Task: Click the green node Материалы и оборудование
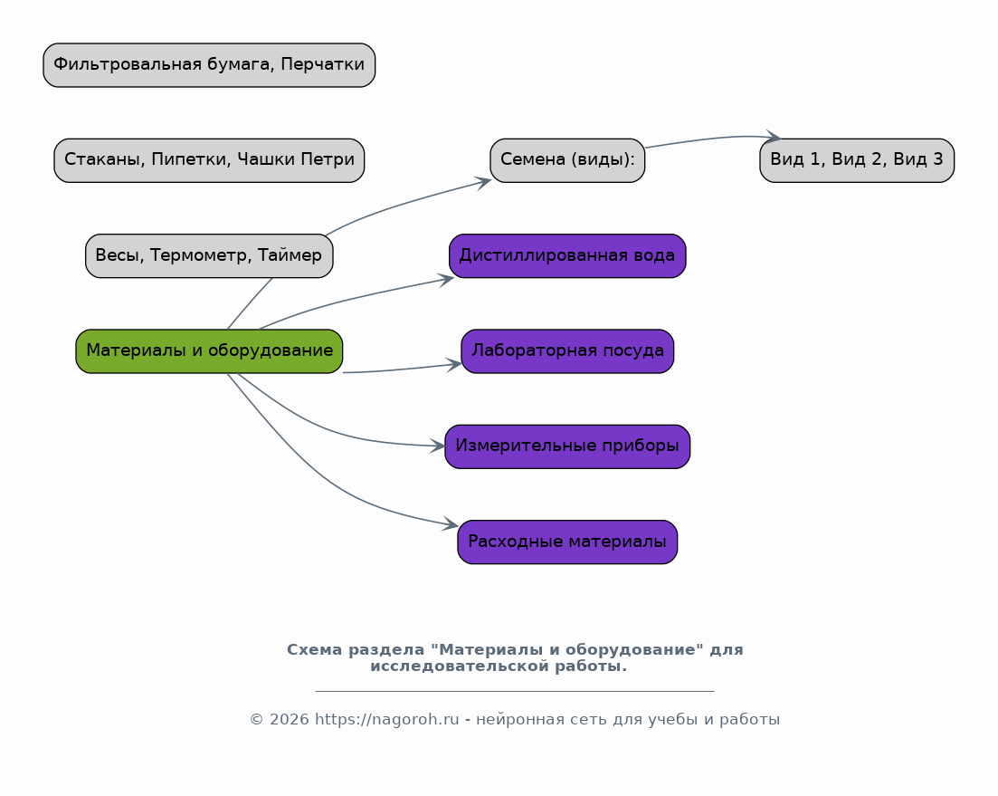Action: (209, 350)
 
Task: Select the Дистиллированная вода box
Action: (567, 256)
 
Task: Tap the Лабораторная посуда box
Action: (567, 350)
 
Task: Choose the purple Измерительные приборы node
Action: (567, 446)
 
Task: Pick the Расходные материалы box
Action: (567, 542)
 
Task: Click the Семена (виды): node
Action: (567, 160)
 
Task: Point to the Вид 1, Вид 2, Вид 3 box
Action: (857, 160)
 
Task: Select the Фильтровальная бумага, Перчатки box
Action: (209, 65)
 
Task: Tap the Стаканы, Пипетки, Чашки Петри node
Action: (209, 160)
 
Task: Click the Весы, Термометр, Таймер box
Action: (209, 256)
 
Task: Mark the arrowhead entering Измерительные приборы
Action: (437, 446)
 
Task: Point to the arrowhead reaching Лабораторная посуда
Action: (454, 365)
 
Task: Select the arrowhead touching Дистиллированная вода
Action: (445, 280)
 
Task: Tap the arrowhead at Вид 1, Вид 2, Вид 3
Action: (773, 136)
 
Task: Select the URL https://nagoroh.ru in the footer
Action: (387, 720)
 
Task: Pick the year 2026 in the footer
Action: (289, 720)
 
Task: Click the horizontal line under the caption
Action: (515, 690)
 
